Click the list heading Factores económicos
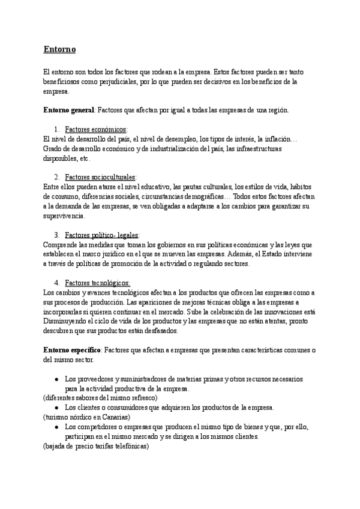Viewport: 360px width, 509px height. click(x=95, y=129)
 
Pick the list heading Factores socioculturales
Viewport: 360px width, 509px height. click(x=100, y=177)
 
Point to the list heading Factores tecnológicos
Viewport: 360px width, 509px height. click(x=97, y=283)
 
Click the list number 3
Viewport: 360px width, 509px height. click(x=56, y=235)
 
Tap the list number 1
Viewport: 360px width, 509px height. click(x=56, y=129)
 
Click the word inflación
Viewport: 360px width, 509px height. click(x=292, y=139)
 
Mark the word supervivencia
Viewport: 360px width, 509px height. click(x=65, y=215)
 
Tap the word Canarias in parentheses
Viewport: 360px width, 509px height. click(x=114, y=417)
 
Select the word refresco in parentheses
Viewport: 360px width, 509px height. click(x=140, y=397)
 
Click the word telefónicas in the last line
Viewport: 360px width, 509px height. click(x=128, y=446)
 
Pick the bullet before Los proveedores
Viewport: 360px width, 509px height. click(x=56, y=379)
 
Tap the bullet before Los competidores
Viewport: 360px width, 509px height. click(x=56, y=427)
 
